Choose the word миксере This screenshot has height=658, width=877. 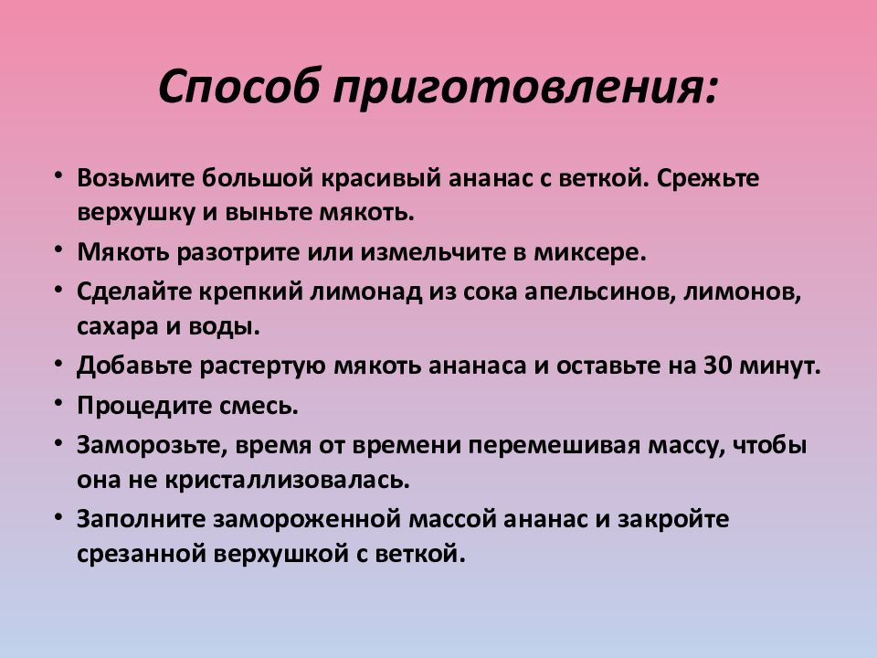point(596,251)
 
